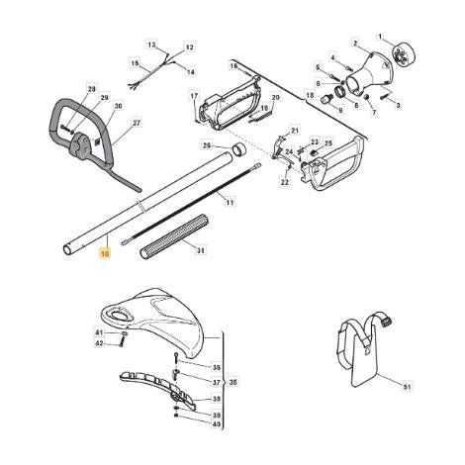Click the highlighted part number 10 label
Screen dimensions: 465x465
pos(105,254)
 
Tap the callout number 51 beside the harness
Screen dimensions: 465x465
pos(408,386)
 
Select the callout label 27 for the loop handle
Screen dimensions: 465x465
pos(137,123)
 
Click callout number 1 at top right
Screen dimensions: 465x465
pos(380,37)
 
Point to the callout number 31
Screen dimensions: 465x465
pos(201,250)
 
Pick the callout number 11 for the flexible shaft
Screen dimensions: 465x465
pos(230,203)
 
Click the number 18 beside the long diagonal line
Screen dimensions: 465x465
pos(310,95)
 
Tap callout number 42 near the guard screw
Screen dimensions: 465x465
pos(99,343)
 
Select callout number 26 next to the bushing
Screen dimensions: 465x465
pos(207,145)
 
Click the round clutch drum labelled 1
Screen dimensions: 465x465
pos(403,56)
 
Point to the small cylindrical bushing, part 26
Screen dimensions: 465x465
pos(239,149)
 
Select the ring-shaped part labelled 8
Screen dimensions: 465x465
pos(341,92)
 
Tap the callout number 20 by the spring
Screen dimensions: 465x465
pos(276,97)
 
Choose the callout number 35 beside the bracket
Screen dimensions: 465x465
pos(233,383)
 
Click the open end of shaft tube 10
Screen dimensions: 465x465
pos(68,250)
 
